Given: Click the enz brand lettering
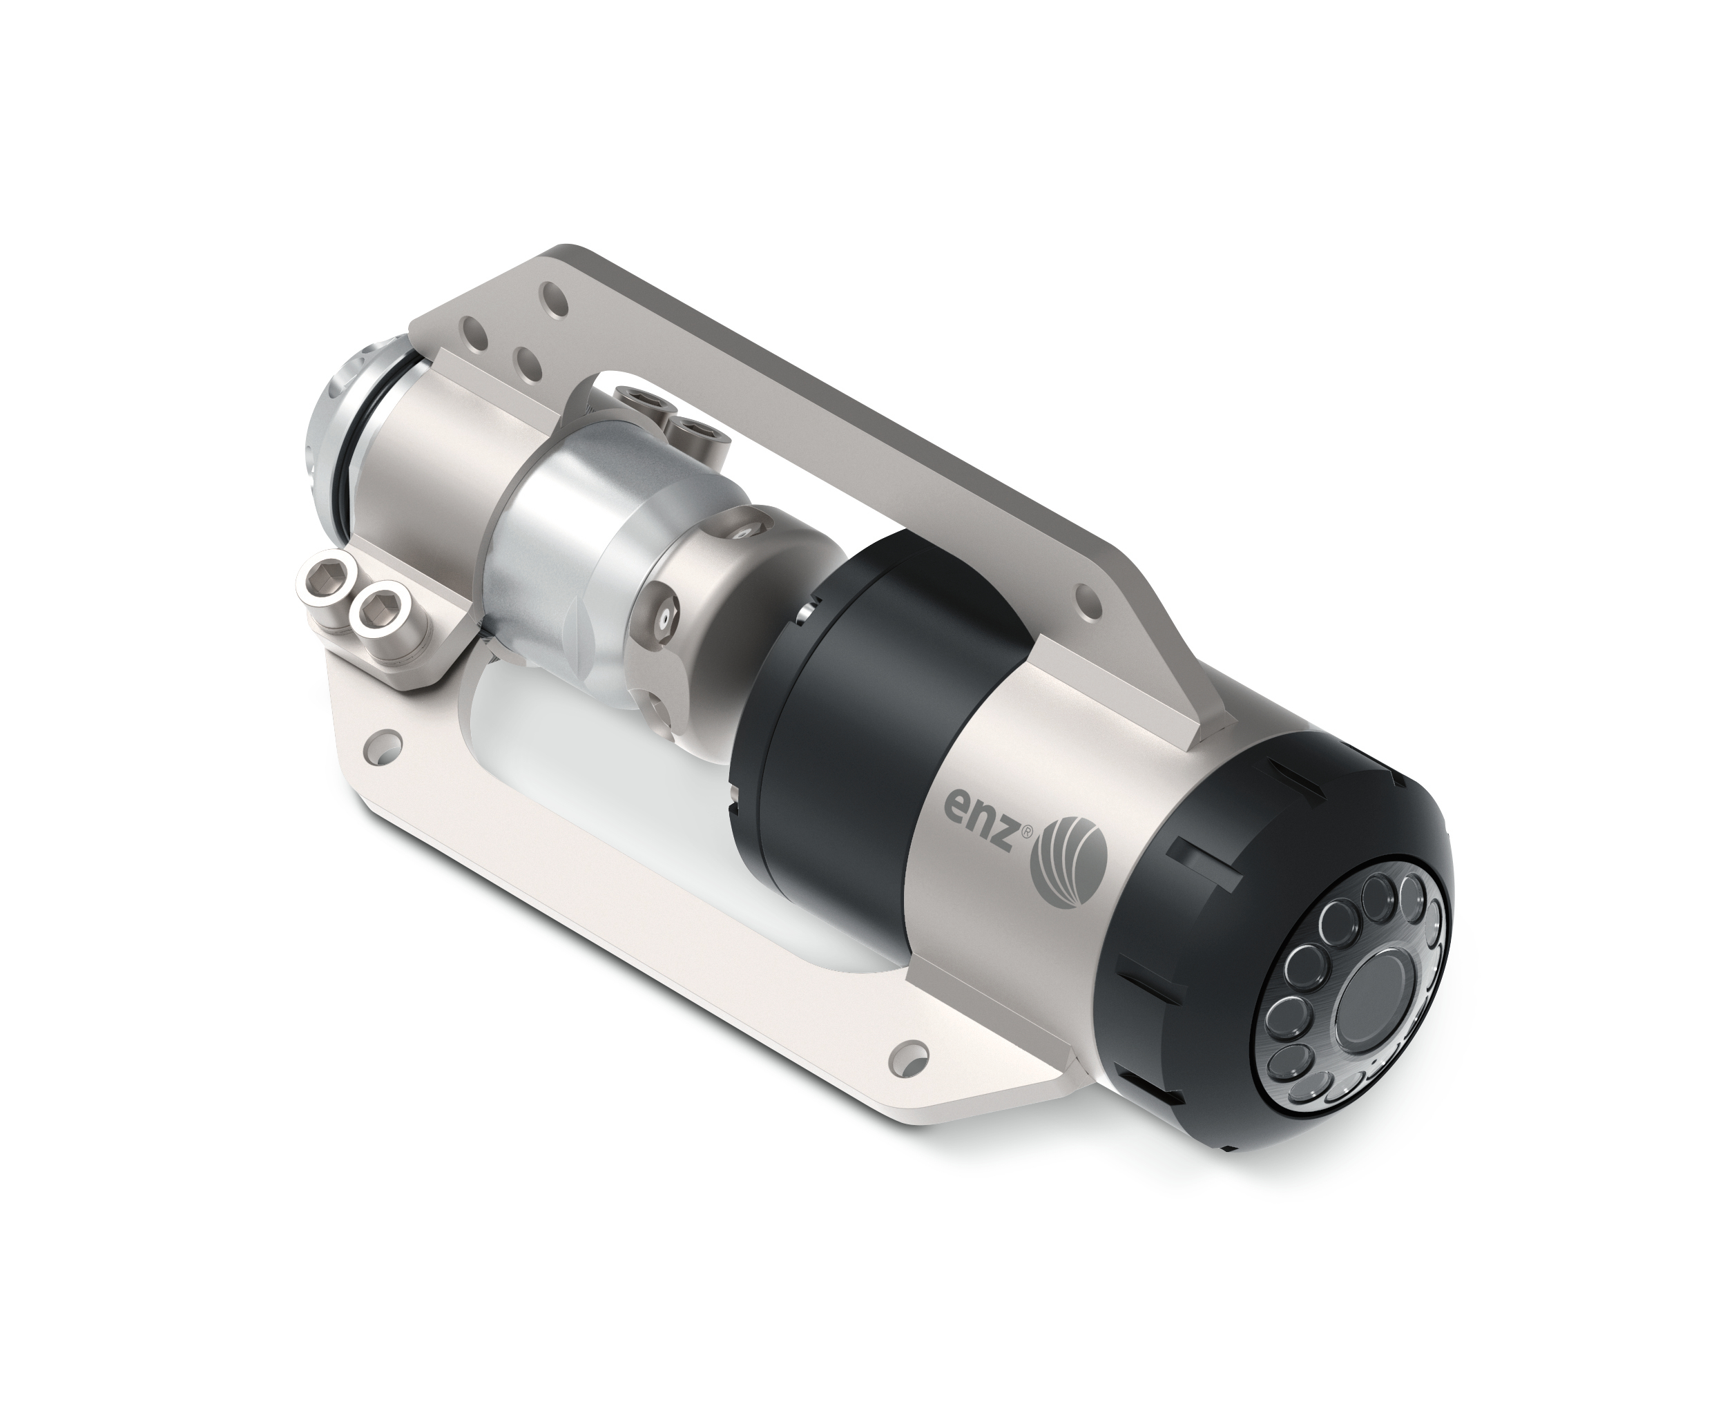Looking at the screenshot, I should click(x=982, y=829).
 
